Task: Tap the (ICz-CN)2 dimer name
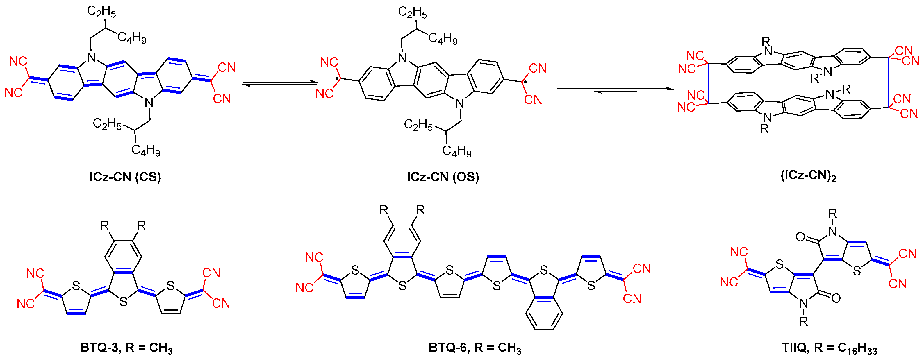[809, 176]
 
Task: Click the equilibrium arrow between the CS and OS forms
[280, 84]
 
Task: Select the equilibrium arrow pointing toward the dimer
[615, 89]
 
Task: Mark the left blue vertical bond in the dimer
[709, 84]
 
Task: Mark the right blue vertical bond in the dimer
[888, 83]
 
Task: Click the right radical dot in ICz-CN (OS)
[525, 82]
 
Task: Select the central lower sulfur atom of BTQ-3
[123, 302]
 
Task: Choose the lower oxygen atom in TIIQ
[836, 298]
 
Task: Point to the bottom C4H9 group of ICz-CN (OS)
[456, 151]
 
